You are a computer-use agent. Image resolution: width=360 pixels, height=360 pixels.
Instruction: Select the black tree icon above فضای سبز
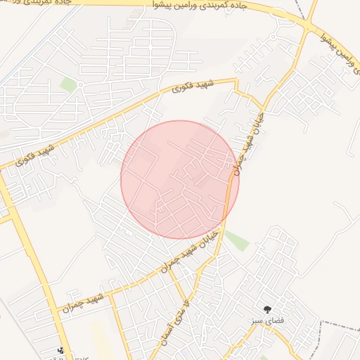point(267,309)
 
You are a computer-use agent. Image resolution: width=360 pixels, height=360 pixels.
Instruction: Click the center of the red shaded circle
point(180,179)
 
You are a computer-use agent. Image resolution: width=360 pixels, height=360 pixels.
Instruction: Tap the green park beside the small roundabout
point(68,85)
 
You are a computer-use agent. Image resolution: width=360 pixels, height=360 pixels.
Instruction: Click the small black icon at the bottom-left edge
point(61,349)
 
